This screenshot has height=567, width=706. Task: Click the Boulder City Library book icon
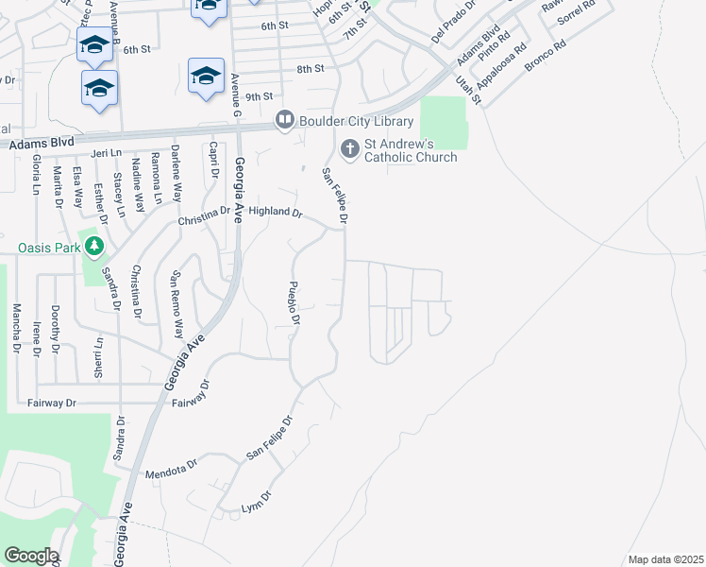pos(283,120)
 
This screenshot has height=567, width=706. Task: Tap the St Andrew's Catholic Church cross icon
pos(349,148)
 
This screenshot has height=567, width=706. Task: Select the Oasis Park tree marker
pos(93,248)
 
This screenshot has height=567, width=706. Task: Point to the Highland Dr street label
pos(275,213)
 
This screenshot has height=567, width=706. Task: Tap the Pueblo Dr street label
pos(294,302)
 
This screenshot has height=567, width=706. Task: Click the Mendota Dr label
pos(171,466)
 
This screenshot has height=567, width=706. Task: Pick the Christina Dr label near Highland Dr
pos(204,216)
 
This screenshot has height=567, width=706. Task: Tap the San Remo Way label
pos(176,305)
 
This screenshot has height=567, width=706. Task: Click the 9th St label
pos(259,96)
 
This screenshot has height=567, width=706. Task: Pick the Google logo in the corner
pos(30,556)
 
